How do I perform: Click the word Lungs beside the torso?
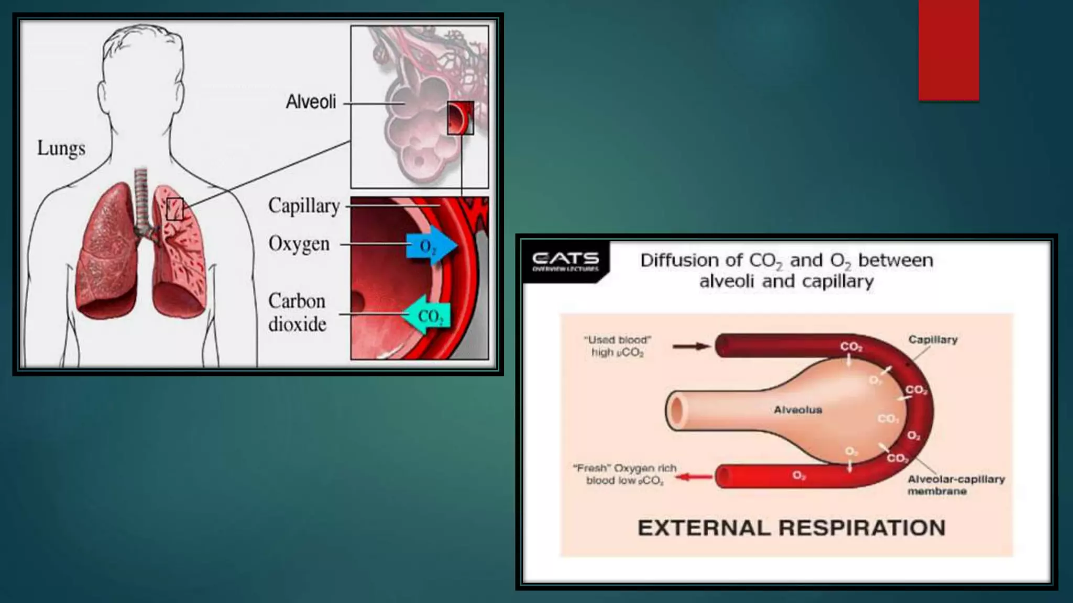tap(61, 149)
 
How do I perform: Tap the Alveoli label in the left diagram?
tap(311, 102)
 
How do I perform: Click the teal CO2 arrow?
tap(426, 316)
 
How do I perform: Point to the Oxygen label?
tap(299, 244)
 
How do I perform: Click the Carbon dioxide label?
tap(297, 312)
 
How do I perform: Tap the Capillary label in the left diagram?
tap(304, 206)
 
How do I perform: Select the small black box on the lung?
tap(175, 209)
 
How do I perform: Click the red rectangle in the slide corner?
tap(948, 50)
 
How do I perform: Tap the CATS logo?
tap(565, 261)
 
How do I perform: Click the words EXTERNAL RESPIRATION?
tap(791, 528)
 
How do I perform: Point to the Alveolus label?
tap(797, 410)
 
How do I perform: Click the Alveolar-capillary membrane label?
tap(956, 485)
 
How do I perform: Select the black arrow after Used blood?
tap(691, 346)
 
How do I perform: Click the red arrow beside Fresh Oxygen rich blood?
tap(693, 476)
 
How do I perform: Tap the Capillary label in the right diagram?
tap(933, 340)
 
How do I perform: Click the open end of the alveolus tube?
tap(677, 410)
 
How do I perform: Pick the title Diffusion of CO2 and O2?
tap(786, 270)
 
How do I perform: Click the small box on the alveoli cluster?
tap(460, 118)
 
